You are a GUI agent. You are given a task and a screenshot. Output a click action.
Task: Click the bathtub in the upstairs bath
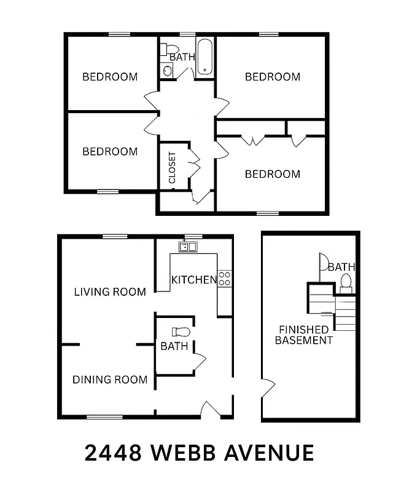(x=204, y=57)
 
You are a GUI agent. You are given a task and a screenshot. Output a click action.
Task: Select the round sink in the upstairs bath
(x=167, y=69)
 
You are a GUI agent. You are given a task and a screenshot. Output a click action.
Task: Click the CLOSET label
(x=172, y=167)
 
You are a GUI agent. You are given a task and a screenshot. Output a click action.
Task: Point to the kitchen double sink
(x=187, y=247)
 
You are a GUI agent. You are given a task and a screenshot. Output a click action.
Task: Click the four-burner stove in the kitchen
(x=225, y=278)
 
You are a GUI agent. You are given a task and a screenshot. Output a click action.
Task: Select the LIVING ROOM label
(x=110, y=292)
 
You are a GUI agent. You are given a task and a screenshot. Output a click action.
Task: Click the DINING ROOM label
(x=110, y=379)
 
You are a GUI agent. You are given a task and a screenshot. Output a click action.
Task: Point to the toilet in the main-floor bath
(x=182, y=332)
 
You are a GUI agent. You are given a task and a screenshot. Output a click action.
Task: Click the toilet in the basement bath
(x=346, y=282)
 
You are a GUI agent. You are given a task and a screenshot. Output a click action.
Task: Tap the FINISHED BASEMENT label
(x=303, y=335)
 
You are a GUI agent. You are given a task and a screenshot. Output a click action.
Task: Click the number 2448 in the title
(x=112, y=453)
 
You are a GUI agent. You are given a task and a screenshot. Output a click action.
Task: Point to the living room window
(x=115, y=236)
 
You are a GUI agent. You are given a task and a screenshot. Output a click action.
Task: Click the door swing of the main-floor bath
(x=200, y=363)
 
